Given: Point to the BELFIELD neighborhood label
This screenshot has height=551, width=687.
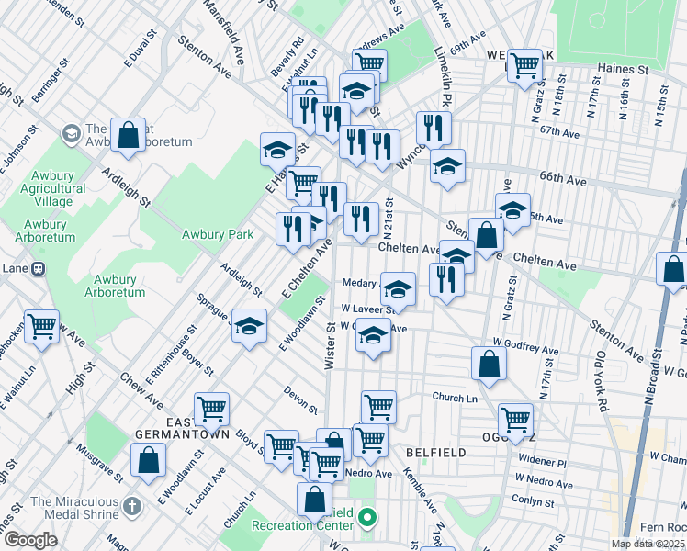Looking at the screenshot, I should (x=436, y=453).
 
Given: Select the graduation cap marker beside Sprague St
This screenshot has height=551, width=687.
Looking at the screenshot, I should (x=249, y=326).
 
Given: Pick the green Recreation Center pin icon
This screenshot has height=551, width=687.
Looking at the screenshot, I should (x=367, y=519).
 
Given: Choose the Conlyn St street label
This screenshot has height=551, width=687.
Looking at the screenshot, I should (x=535, y=501).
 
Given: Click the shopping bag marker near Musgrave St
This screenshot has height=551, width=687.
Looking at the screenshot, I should (x=148, y=461).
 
